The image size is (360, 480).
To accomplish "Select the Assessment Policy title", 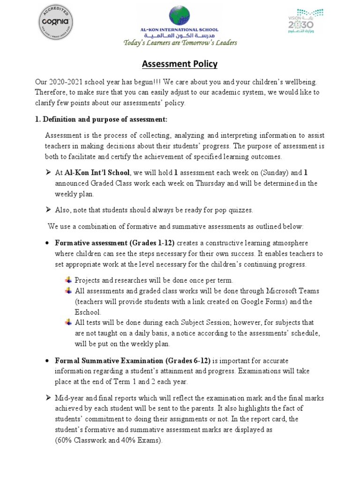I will (x=180, y=64).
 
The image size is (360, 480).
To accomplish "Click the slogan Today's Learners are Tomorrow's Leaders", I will (x=180, y=43).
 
